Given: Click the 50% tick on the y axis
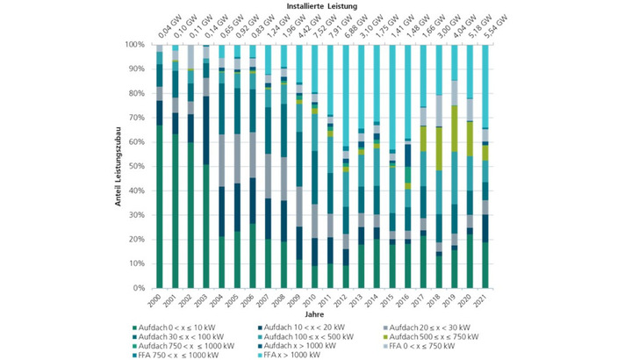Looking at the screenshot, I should pyautogui.click(x=140, y=166).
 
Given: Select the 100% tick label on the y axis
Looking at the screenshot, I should pyautogui.click(x=139, y=44).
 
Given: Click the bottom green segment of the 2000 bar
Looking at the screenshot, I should pyautogui.click(x=160, y=206).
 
